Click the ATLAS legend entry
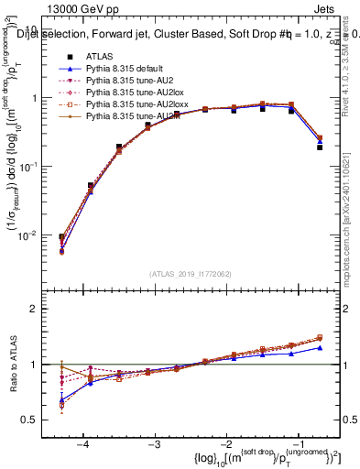coord(100,56)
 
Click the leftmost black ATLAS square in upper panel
coord(61,237)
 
